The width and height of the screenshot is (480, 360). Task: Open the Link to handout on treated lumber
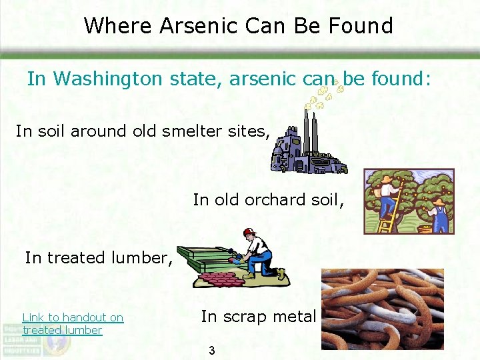(x=72, y=324)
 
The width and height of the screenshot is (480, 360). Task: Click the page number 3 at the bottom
(x=211, y=350)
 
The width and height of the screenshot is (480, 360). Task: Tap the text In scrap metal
(x=257, y=317)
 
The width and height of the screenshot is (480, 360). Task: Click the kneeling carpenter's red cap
(x=249, y=232)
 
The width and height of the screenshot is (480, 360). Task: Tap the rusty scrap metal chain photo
(x=382, y=309)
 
